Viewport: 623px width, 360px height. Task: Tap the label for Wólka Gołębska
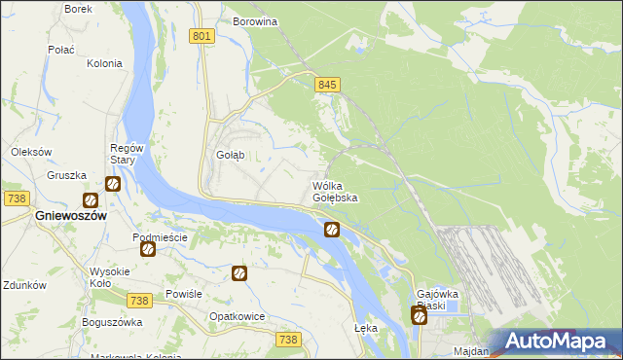coord(335,192)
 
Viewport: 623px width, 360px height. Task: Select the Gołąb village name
coord(230,155)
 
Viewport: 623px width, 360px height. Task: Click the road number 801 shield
coord(202,36)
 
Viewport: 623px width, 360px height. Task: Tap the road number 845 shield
coord(327,86)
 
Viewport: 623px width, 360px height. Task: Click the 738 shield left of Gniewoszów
coord(16,198)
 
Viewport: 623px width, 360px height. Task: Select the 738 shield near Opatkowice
coord(287,339)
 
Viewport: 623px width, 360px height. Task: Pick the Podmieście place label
coord(160,237)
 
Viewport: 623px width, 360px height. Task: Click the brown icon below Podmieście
coord(147,250)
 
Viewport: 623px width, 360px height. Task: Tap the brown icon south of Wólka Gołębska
coord(331,230)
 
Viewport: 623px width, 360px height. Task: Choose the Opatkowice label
coord(238,317)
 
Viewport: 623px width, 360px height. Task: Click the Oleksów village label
coord(30,152)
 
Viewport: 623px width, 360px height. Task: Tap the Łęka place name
coord(366,328)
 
